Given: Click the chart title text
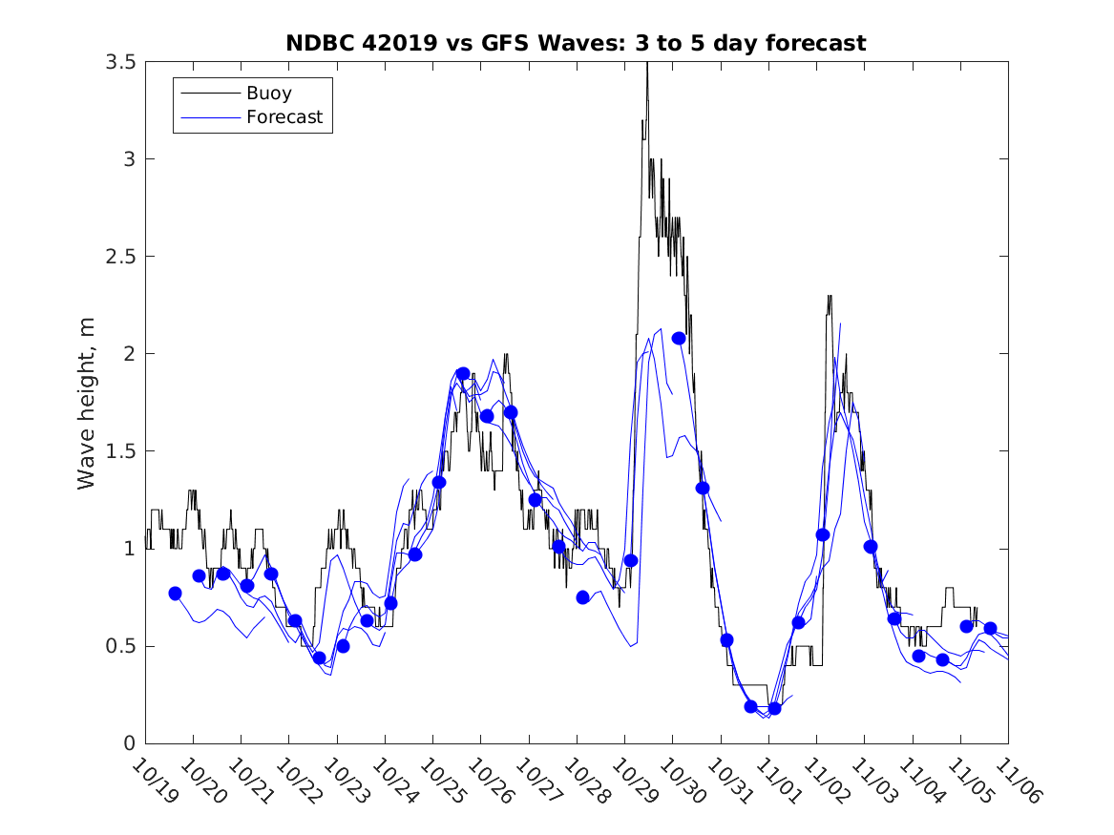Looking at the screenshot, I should click(576, 43).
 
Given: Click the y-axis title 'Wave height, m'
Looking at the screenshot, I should click(87, 403).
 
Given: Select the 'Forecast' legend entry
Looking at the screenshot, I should click(284, 118).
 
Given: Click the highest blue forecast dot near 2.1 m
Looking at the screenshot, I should click(679, 338).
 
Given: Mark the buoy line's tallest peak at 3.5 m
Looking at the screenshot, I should click(647, 63).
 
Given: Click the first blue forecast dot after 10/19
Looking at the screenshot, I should click(175, 594).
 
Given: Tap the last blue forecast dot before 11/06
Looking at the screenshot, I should click(990, 628).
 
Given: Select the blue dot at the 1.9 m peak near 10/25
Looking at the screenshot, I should click(463, 374).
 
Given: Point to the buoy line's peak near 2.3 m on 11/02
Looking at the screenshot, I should click(830, 297).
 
